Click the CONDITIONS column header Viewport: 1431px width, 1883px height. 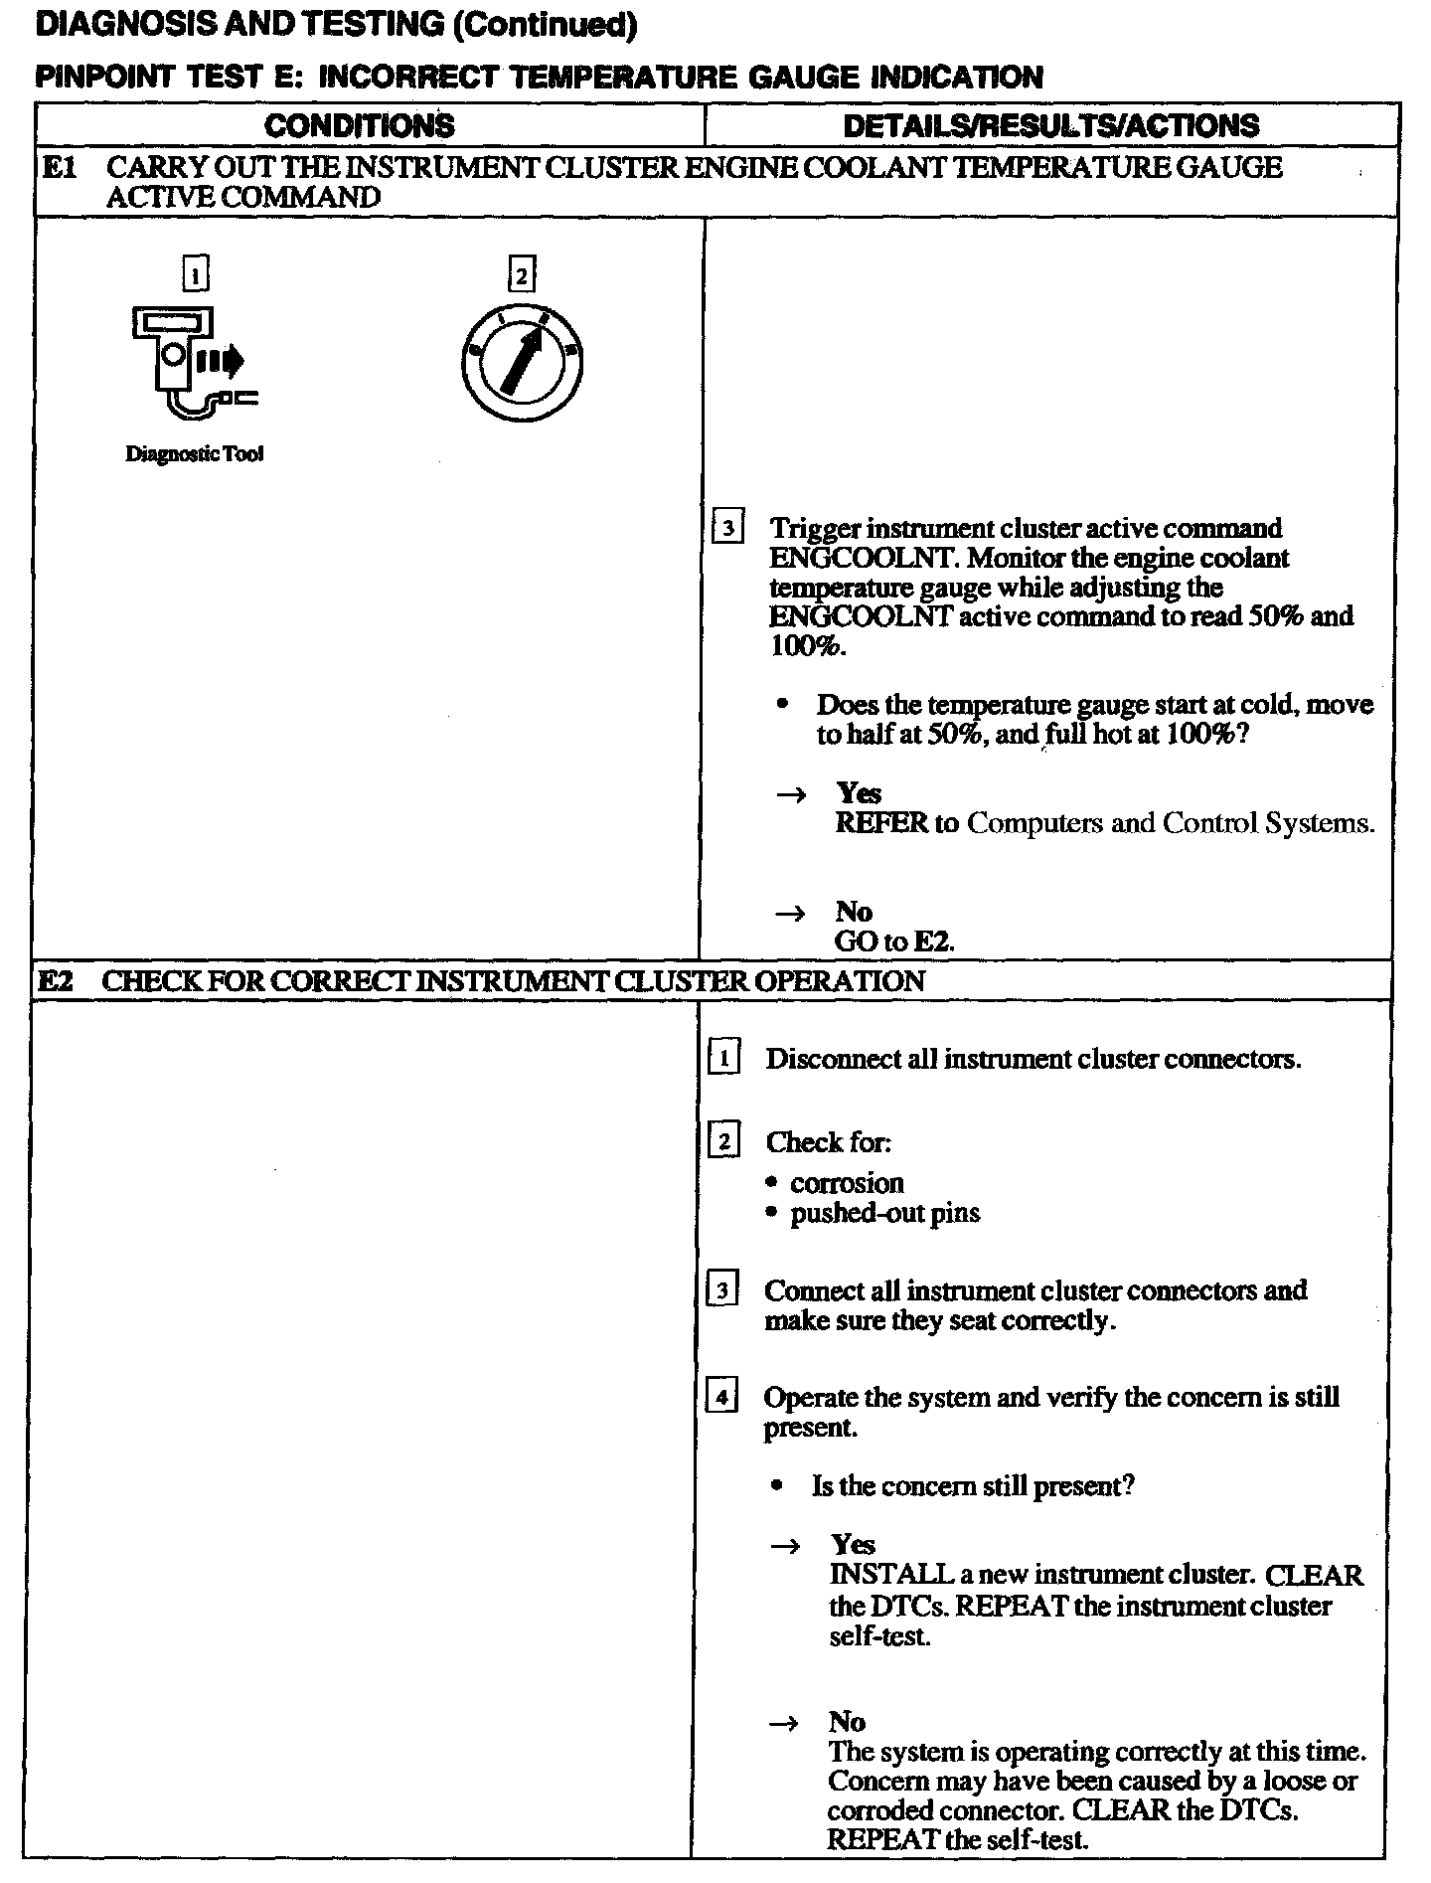pyautogui.click(x=360, y=126)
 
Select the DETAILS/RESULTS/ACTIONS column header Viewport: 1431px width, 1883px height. pyautogui.click(x=1050, y=126)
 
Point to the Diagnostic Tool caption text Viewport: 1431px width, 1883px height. pyautogui.click(x=195, y=454)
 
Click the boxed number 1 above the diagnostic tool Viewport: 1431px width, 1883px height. pyautogui.click(x=197, y=273)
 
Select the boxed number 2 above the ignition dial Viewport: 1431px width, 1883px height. pyautogui.click(x=521, y=273)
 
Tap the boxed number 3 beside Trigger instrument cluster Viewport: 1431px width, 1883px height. pyautogui.click(x=728, y=528)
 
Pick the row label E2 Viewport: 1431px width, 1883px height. pyautogui.click(x=57, y=981)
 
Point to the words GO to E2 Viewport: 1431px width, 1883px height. pyautogui.click(x=894, y=941)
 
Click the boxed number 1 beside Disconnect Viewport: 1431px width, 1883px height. pyautogui.click(x=724, y=1059)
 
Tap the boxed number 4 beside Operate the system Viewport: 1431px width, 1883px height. pyautogui.click(x=721, y=1398)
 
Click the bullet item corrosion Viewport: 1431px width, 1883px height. pyautogui.click(x=847, y=1183)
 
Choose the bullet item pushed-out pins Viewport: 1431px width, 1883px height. pyautogui.click(x=884, y=1213)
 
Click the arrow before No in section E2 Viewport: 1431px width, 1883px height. pyautogui.click(x=785, y=1723)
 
